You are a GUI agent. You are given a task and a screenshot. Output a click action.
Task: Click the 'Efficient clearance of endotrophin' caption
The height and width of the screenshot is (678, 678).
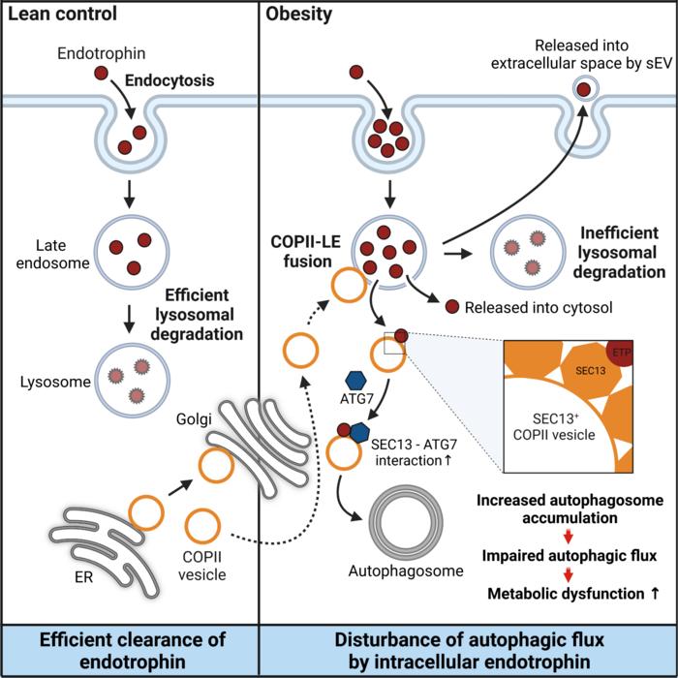129,649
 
